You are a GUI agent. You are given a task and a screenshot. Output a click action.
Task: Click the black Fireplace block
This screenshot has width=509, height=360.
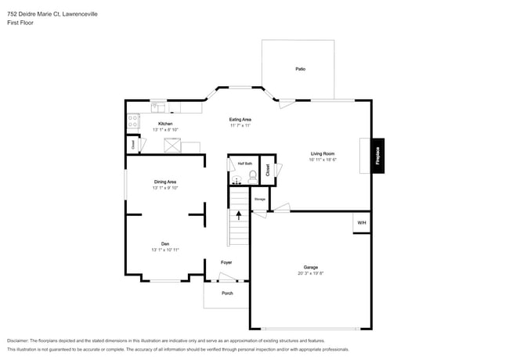(x=377, y=155)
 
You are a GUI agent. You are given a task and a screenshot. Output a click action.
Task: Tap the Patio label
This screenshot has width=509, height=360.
(x=300, y=69)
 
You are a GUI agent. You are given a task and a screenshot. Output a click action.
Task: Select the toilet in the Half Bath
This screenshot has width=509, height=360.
(x=252, y=178)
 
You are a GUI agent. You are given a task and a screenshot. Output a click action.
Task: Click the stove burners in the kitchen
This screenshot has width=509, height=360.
(x=133, y=121)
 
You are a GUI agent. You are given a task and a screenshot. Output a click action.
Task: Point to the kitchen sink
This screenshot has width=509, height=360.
(x=158, y=106)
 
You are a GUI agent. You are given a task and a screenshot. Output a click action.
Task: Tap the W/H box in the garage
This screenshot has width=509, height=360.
(x=362, y=223)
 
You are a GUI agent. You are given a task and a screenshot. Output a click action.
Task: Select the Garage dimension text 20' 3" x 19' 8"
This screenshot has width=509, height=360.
(x=310, y=273)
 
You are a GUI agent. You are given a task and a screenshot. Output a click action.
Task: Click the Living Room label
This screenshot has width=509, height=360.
(x=323, y=153)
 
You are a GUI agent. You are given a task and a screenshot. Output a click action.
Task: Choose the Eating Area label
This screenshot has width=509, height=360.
(x=240, y=119)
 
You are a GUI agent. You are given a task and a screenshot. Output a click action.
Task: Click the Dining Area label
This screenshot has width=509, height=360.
(x=165, y=182)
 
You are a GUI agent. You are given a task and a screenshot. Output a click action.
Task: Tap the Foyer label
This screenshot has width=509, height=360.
(x=226, y=262)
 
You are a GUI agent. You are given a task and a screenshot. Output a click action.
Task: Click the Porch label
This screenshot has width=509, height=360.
(x=227, y=293)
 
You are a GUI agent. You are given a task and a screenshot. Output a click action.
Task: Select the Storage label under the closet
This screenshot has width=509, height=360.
(x=260, y=200)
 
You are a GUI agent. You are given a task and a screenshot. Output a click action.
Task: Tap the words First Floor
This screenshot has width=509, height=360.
(x=20, y=23)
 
